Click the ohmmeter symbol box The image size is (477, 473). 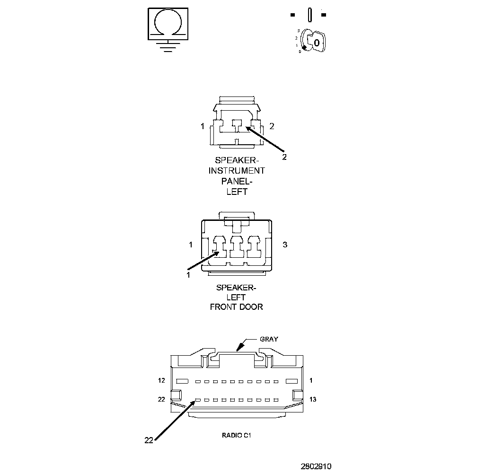click(168, 23)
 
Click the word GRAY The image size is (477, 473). click(269, 339)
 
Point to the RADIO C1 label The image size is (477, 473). click(236, 435)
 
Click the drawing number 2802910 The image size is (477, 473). click(316, 466)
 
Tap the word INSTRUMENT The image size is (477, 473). click(237, 171)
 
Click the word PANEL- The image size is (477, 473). click(237, 182)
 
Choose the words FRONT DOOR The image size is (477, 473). click(237, 307)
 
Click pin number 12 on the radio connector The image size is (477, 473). click(161, 380)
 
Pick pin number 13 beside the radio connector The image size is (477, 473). click(312, 400)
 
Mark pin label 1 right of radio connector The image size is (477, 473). click(311, 380)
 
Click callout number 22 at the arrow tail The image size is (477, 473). click(149, 440)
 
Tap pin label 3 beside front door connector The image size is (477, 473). click(285, 245)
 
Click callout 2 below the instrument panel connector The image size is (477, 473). click(284, 157)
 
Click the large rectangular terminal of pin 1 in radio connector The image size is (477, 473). click(291, 381)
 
